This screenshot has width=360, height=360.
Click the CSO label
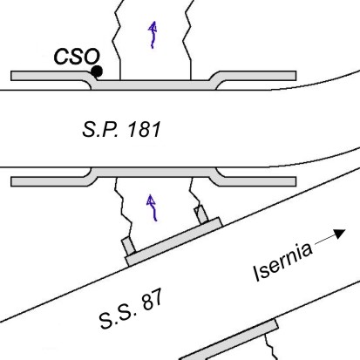(x=77, y=57)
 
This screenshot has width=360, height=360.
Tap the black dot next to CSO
(x=97, y=71)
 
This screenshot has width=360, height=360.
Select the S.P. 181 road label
(x=121, y=129)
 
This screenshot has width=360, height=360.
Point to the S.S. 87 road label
(x=131, y=309)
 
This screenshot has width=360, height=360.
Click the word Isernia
(x=282, y=262)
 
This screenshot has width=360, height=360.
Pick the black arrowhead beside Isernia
(x=339, y=234)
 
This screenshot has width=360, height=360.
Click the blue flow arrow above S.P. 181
(x=153, y=35)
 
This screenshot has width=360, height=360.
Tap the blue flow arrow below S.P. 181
(x=152, y=207)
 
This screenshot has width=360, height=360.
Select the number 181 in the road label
(x=144, y=129)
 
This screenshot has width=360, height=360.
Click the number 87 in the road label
(x=152, y=300)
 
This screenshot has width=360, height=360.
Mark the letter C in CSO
(x=61, y=57)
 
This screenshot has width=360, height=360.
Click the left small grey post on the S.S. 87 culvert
(x=128, y=246)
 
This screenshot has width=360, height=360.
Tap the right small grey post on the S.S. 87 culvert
(x=201, y=214)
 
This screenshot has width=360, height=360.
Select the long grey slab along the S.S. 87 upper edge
(x=173, y=241)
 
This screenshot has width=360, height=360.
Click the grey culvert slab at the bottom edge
(x=228, y=339)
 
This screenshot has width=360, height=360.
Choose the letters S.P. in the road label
(x=100, y=129)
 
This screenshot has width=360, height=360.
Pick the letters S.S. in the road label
(x=118, y=316)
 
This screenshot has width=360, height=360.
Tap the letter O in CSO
(x=92, y=57)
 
